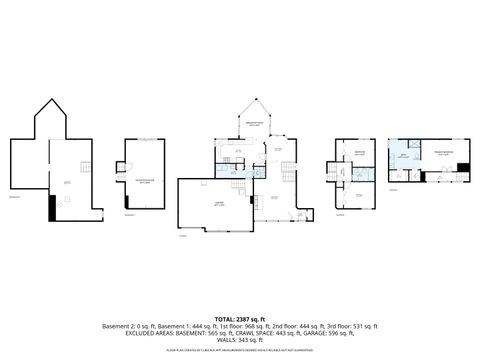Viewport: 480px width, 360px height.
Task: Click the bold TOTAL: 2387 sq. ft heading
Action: coord(239,317)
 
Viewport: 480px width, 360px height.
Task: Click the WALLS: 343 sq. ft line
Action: coord(239,340)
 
